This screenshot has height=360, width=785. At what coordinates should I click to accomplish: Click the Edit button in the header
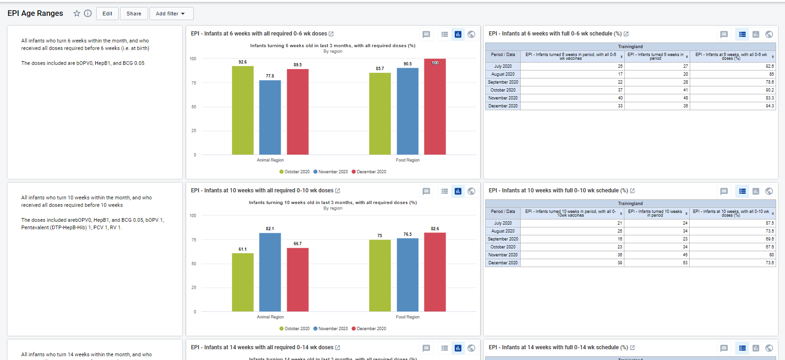[107, 14]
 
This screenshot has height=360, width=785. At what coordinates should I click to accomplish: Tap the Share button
[134, 14]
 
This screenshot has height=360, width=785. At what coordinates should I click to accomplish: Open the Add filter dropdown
[171, 14]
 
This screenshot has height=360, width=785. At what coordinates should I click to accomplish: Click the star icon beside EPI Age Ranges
[77, 14]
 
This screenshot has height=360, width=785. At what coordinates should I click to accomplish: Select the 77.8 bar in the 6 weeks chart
[270, 117]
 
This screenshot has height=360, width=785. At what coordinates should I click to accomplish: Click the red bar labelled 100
[435, 106]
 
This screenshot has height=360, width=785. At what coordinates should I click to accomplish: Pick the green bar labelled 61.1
[242, 282]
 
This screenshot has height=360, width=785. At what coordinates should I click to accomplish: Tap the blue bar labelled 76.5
[408, 275]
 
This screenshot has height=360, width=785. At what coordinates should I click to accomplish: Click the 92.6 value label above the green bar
[242, 62]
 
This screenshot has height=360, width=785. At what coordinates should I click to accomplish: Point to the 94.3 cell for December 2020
[770, 106]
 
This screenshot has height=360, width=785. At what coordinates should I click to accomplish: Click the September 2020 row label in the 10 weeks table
[503, 239]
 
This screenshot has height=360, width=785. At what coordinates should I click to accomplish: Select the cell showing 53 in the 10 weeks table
[685, 263]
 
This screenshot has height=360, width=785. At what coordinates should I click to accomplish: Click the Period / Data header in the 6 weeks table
[503, 55]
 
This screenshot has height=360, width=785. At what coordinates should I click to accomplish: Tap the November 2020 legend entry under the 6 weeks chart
[331, 172]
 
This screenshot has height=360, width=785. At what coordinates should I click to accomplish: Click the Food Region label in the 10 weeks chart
[408, 317]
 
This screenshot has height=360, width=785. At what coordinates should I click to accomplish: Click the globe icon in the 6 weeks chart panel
[471, 35]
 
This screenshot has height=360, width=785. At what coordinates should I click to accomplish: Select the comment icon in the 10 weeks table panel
[724, 191]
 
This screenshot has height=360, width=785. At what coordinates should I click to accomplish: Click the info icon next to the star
[88, 14]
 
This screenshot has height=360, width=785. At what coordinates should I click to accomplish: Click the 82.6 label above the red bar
[435, 228]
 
